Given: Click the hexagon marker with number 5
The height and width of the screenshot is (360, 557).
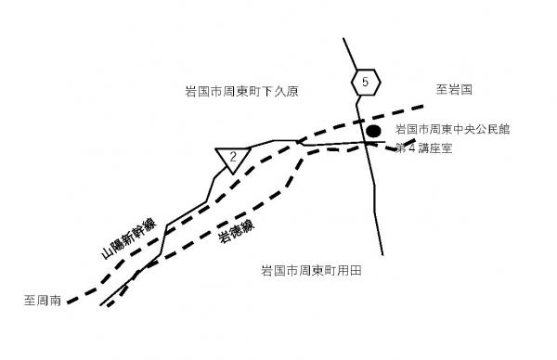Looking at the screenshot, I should point(366,83).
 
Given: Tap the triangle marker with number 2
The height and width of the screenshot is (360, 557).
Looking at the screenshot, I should point(232,158).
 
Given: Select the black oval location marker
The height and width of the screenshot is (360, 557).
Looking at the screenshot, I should point(373,132).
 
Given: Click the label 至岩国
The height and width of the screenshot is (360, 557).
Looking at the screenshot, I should point(455,90).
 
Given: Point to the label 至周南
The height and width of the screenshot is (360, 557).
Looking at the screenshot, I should point(43,301).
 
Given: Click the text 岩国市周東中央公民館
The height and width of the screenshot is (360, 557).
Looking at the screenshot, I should point(452,130).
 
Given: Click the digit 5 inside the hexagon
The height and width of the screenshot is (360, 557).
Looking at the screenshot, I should point(366,83).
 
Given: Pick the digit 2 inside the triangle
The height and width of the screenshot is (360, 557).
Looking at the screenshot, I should point(232,156).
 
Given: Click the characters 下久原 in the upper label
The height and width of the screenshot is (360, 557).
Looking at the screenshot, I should point(287,92).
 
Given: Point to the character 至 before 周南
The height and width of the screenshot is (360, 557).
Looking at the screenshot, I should point(30,301).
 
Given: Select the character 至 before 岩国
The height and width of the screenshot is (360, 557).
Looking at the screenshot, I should point(442,90).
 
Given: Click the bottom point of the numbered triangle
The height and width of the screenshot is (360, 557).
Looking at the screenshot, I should point(232,174).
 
